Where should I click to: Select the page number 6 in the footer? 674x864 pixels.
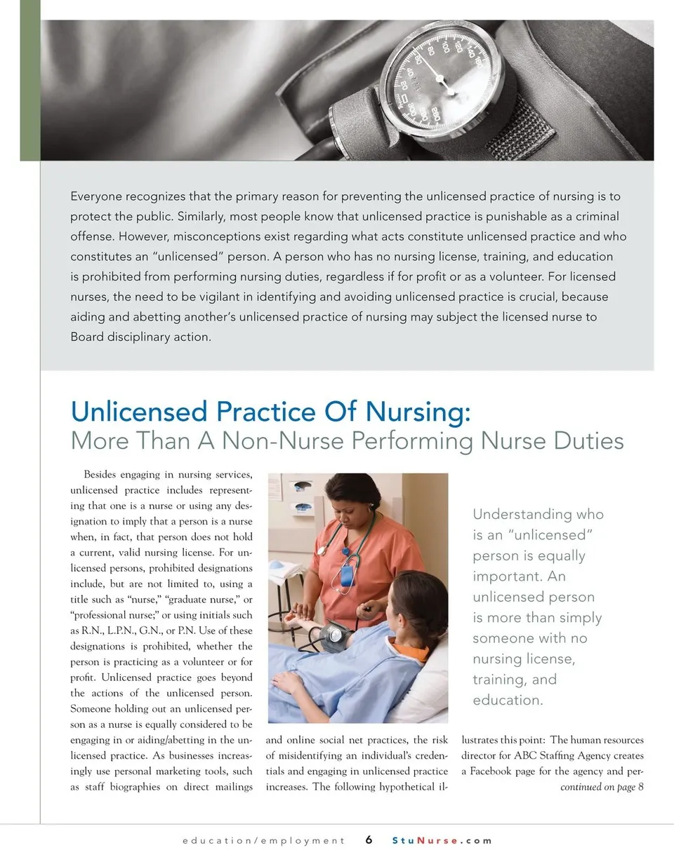tap(369, 840)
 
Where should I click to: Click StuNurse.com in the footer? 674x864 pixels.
tap(442, 840)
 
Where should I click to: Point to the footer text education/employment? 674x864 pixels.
tap(263, 840)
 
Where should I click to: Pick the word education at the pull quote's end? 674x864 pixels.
tap(503, 700)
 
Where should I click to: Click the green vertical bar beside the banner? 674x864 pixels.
tap(29, 81)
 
